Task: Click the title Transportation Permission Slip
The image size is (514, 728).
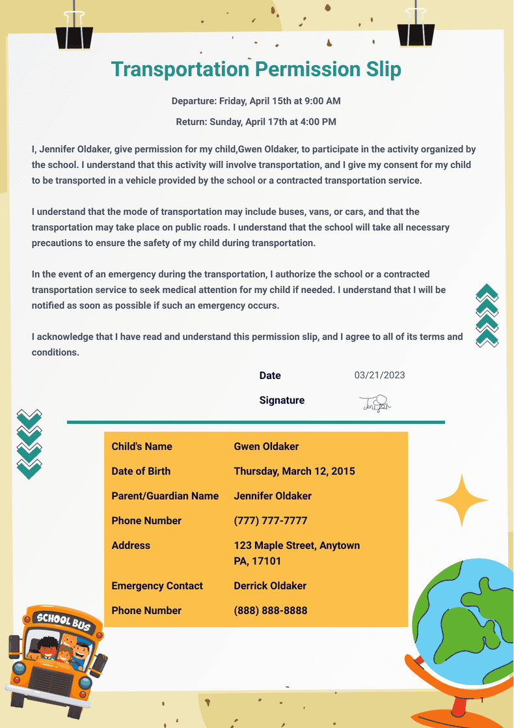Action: [256, 69]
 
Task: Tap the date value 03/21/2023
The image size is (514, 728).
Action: [379, 375]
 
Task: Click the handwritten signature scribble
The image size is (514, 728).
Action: [375, 404]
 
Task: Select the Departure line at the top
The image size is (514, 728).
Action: [256, 101]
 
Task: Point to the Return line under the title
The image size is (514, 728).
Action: [256, 122]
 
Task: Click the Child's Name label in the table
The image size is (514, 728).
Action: [142, 447]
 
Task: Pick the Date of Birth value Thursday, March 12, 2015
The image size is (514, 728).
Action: [294, 471]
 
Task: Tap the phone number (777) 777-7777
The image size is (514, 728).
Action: [270, 521]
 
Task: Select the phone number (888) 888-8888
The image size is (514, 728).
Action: [270, 611]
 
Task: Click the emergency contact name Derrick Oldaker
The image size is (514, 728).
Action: [270, 586]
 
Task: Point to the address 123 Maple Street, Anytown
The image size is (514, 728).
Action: [297, 546]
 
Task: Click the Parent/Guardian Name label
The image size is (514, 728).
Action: [165, 496]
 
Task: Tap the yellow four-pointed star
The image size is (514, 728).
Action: [461, 500]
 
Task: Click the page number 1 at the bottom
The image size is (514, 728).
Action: [482, 700]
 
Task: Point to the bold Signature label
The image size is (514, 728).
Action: [282, 400]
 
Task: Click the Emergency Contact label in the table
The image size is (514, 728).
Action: [157, 586]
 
